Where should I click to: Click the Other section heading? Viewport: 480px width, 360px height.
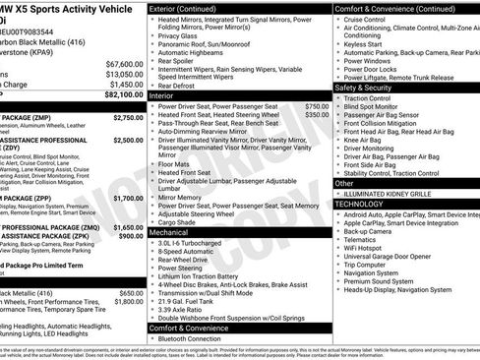click(x=345, y=183)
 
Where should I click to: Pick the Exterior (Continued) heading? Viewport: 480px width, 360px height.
click(x=191, y=8)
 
